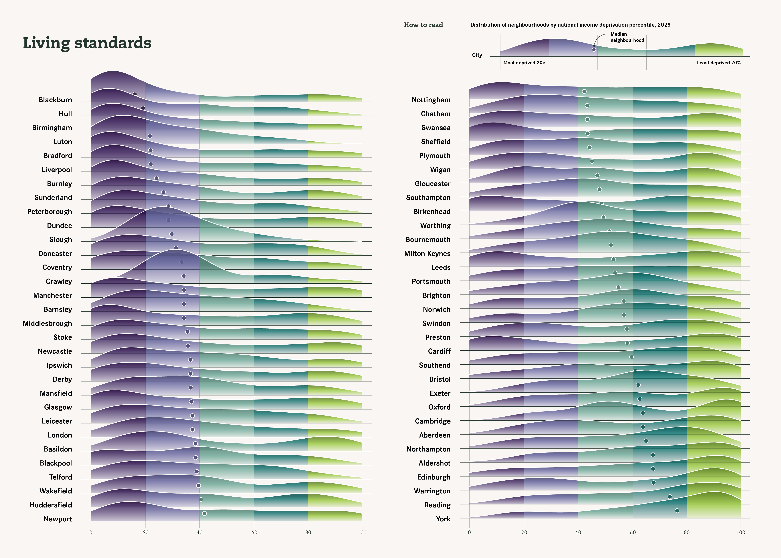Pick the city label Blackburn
tap(55, 100)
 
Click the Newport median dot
tap(204, 513)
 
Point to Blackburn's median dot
tap(135, 94)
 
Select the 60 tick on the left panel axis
tap(254, 532)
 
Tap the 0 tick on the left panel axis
tap(91, 532)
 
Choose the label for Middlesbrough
tap(47, 323)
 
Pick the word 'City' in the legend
tap(477, 55)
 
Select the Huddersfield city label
tap(51, 505)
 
